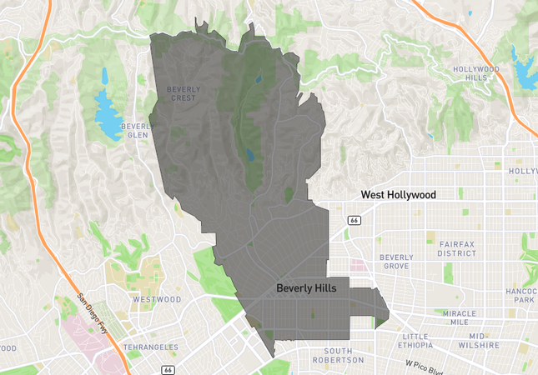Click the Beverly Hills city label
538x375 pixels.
point(312,287)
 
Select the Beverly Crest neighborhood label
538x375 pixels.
point(182,93)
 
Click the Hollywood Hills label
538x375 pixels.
point(475,73)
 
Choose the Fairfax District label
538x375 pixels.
point(456,247)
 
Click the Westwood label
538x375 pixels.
point(157,299)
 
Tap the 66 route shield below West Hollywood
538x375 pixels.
point(354,219)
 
